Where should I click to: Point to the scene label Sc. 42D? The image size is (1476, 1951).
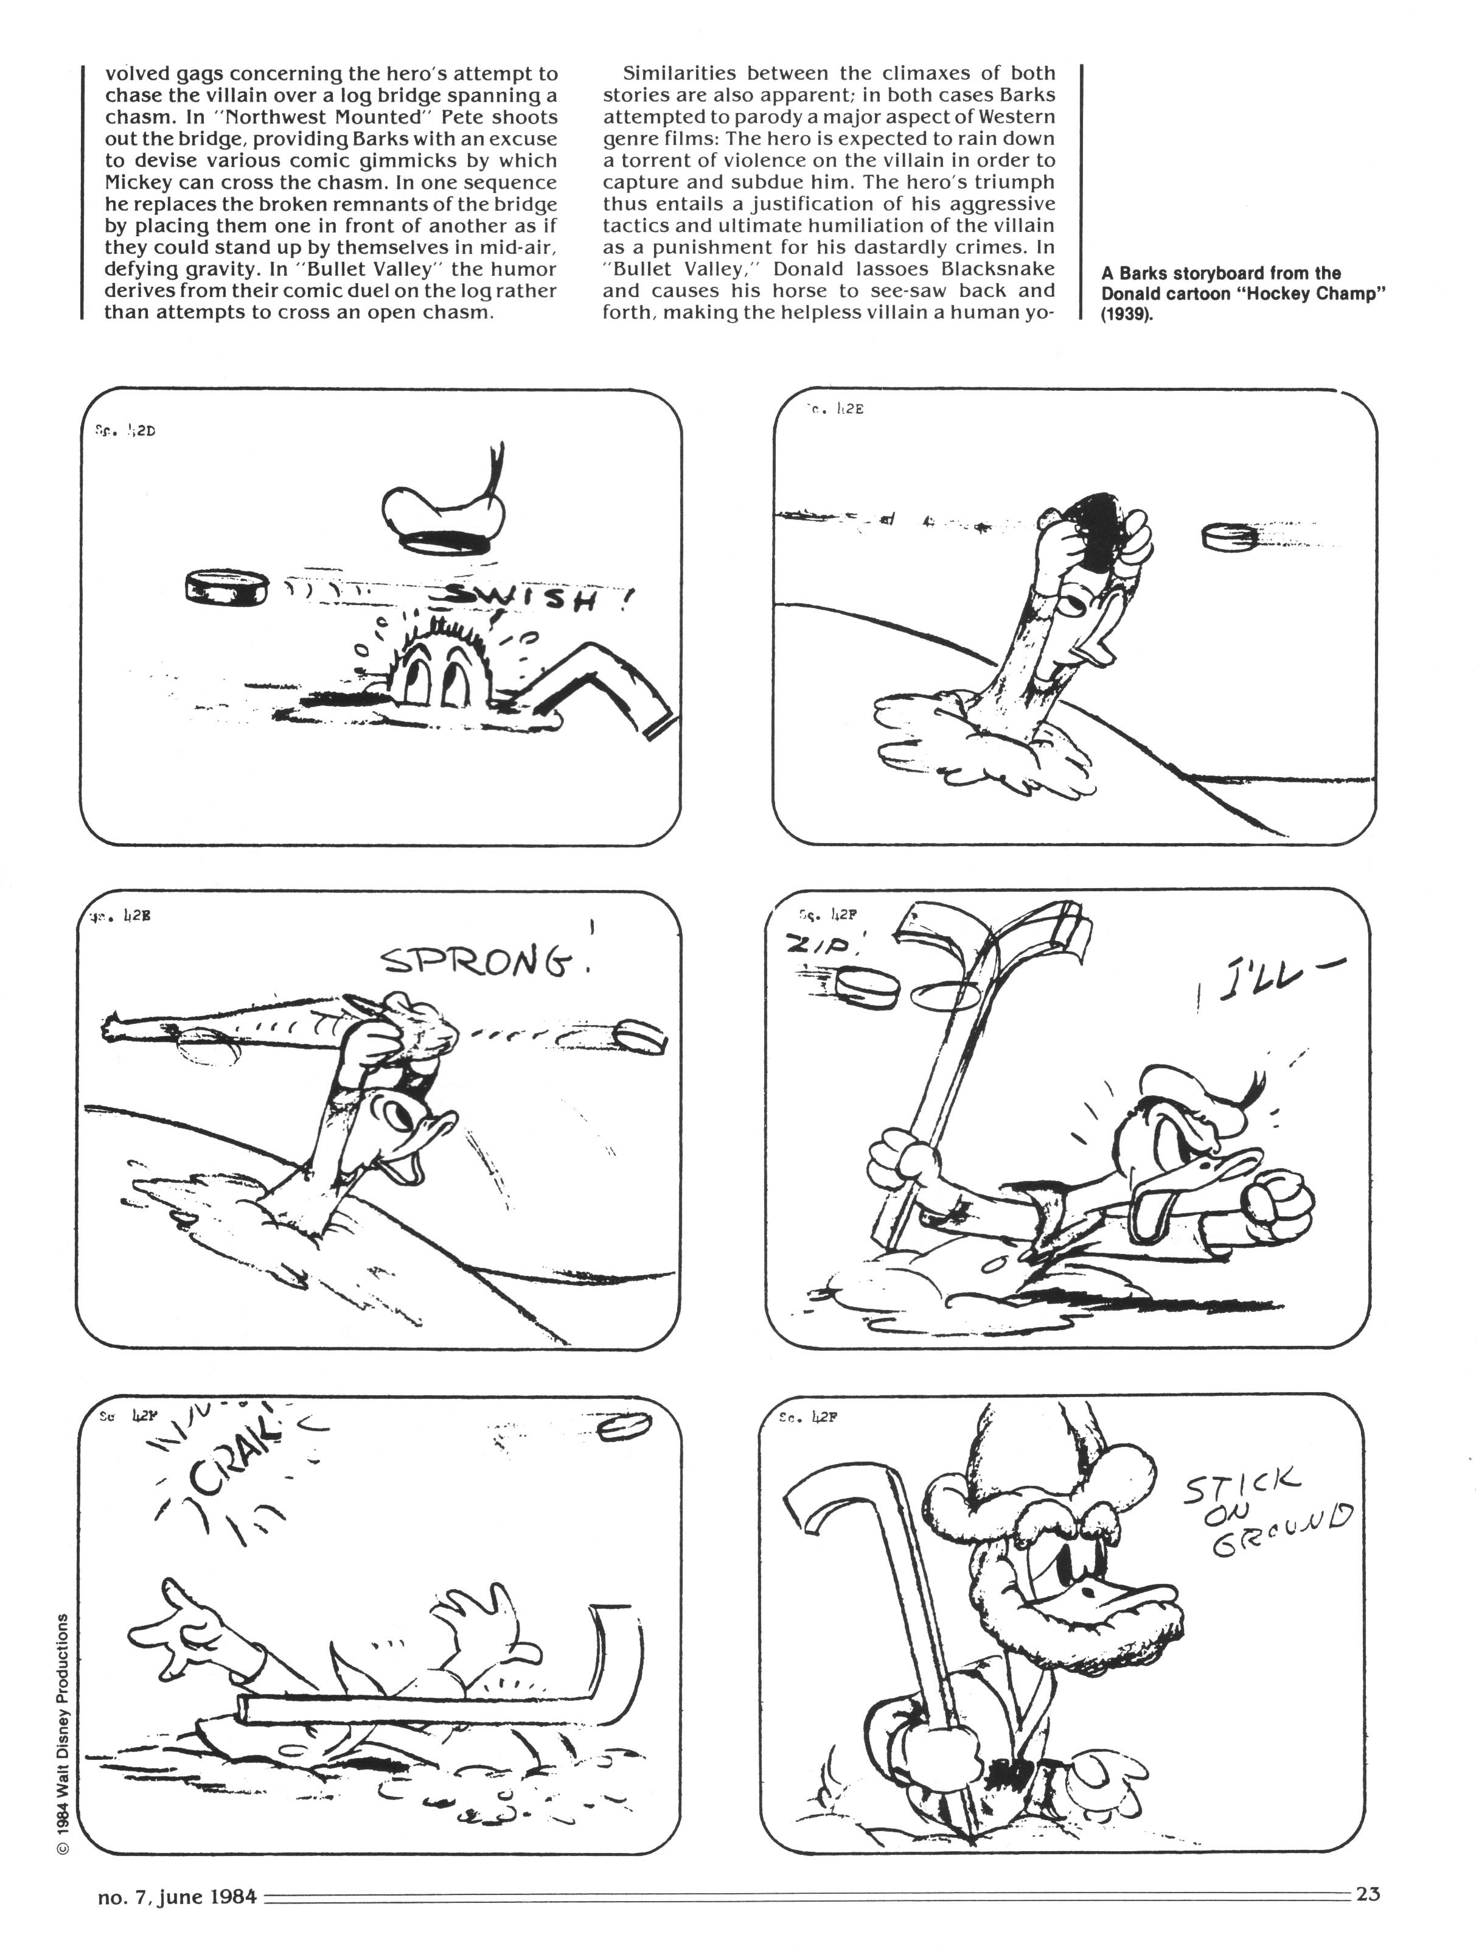(x=125, y=432)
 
